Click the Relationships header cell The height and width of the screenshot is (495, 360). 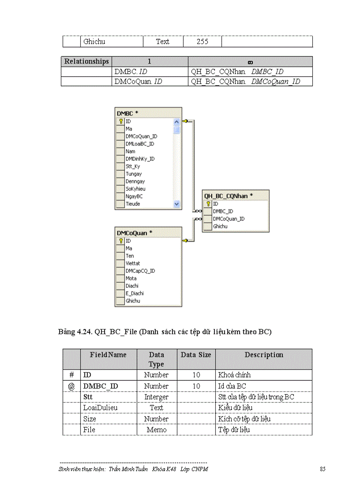86,62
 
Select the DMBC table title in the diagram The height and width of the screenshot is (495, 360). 125,113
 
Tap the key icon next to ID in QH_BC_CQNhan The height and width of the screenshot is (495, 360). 208,204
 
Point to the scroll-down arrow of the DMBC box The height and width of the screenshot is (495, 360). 177,204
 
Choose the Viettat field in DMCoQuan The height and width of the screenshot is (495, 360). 133,263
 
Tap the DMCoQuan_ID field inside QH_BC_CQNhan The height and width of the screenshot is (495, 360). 229,219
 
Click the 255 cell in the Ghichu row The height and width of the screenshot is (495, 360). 202,42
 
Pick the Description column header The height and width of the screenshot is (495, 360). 264,355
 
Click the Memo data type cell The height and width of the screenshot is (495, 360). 156,430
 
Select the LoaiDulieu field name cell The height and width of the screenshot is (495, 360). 100,408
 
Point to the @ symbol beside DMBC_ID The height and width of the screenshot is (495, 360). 71,386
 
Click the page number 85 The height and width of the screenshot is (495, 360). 322,469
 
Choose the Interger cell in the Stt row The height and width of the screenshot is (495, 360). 156,397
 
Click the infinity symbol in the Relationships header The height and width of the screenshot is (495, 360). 250,62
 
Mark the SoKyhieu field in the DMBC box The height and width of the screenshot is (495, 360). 135,189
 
